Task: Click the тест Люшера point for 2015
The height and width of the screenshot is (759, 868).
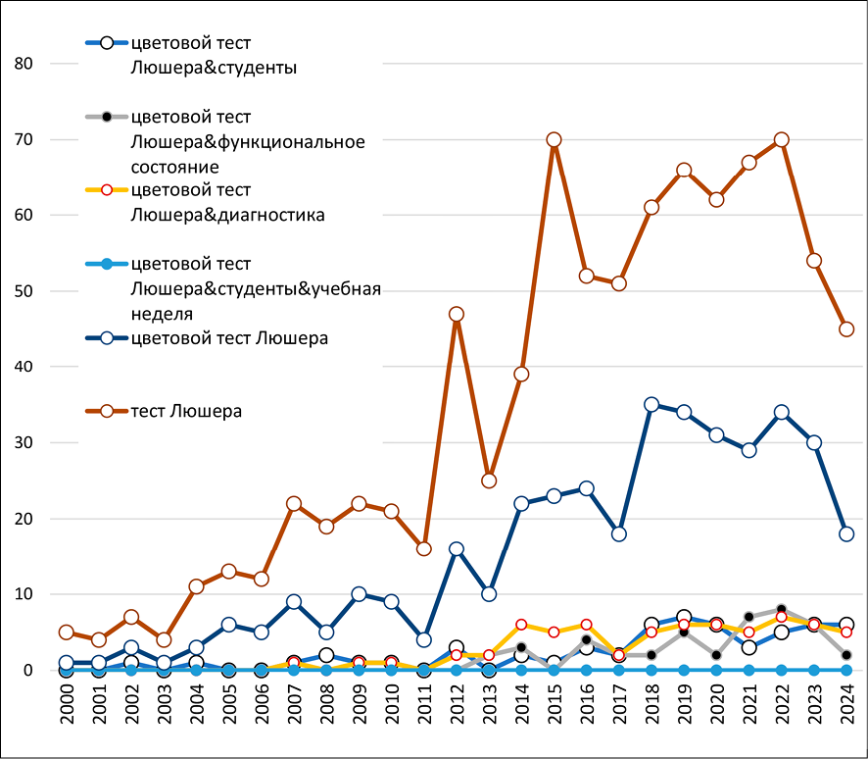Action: (x=554, y=140)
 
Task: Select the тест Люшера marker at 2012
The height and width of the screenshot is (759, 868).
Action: (x=456, y=315)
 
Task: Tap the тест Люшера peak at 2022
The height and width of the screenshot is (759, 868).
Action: (x=781, y=140)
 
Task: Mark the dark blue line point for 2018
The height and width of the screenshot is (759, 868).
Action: (x=651, y=405)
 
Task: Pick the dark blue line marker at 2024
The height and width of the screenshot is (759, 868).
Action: (x=846, y=534)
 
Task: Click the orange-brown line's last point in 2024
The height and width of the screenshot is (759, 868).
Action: (x=846, y=329)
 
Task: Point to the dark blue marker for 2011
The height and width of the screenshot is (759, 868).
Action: (x=423, y=640)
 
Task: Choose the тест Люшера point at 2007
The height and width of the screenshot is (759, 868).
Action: (x=294, y=504)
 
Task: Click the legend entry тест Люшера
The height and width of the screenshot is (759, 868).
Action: (x=186, y=411)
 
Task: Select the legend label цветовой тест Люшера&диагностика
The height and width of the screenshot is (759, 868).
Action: (x=226, y=202)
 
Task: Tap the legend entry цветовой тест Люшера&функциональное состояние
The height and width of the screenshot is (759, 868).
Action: (x=247, y=142)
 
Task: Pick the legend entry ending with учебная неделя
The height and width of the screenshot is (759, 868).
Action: (x=255, y=289)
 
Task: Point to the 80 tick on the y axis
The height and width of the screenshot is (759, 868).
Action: (x=24, y=64)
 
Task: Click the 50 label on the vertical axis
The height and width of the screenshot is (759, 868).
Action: (x=24, y=291)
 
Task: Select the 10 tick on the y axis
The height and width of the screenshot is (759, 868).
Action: (x=24, y=594)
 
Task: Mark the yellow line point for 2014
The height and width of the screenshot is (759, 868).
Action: (x=521, y=625)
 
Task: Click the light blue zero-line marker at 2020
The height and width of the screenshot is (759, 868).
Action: (x=716, y=670)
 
